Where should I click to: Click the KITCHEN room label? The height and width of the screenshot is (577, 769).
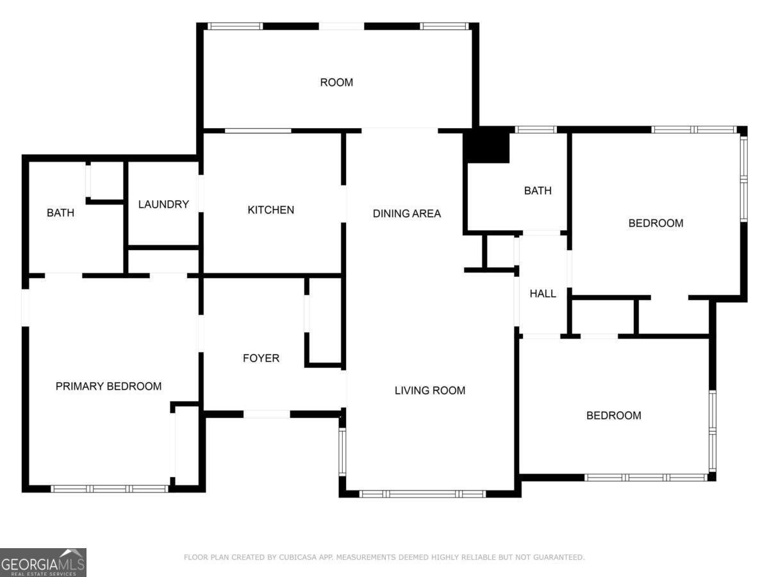point(270,210)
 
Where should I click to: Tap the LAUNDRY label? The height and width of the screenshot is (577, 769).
point(163,205)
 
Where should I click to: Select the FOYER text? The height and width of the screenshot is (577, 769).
point(261,358)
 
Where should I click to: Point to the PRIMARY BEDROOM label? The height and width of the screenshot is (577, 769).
point(108,386)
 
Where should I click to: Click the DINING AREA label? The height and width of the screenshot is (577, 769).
point(407,213)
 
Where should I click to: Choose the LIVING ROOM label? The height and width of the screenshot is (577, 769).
point(430,390)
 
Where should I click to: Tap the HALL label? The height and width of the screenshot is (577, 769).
point(543,294)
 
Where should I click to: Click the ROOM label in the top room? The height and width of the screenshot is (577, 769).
point(336,82)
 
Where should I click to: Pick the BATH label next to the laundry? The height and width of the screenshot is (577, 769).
point(61,213)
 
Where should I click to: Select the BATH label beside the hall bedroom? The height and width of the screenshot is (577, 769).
point(538,190)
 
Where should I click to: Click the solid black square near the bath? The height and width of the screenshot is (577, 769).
point(486,144)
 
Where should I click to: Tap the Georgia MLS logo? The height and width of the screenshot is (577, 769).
point(43,562)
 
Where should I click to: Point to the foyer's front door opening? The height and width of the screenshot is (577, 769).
point(267,414)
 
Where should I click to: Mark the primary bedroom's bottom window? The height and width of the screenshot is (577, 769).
point(110,489)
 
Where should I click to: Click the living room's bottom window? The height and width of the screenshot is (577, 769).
point(422,494)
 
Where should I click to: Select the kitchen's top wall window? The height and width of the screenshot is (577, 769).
point(258,131)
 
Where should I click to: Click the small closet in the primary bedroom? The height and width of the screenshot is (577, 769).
point(186,446)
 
